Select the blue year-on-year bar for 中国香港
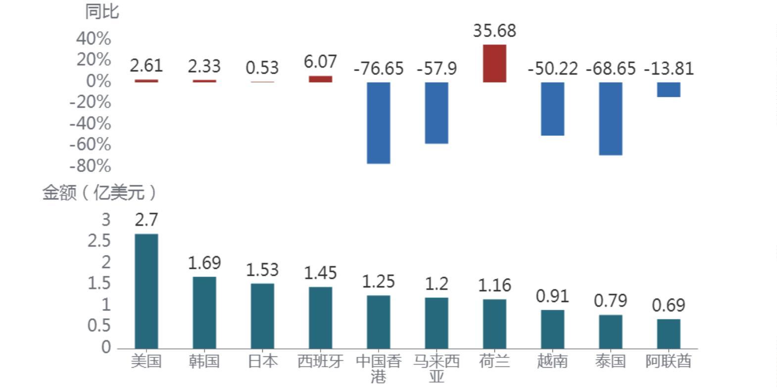tap(379, 123)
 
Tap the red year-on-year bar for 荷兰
tap(494, 63)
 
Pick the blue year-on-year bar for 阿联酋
tap(669, 89)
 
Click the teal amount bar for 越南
tap(552, 329)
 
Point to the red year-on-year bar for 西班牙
tap(320, 79)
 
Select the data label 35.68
tap(494, 31)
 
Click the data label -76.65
tap(379, 68)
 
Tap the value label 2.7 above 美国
tap(146, 219)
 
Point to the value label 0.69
tap(669, 305)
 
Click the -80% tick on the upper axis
tap(91, 166)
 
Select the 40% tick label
tap(94, 39)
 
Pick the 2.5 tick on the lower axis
tap(99, 241)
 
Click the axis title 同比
tap(102, 11)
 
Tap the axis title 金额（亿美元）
tap(99, 192)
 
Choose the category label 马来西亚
tap(437, 368)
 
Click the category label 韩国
tap(204, 361)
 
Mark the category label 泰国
tap(610, 361)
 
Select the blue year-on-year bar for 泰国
tap(610, 119)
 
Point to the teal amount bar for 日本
tap(262, 316)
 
